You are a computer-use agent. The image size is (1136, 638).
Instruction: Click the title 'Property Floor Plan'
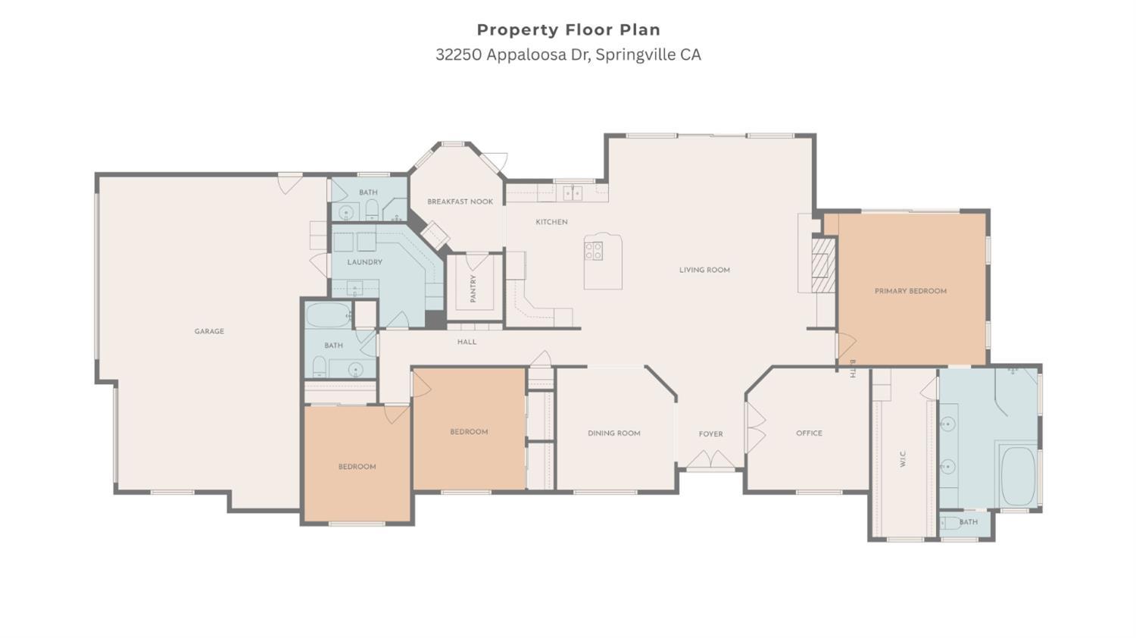point(568,30)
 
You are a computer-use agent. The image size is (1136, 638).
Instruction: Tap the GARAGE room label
point(209,331)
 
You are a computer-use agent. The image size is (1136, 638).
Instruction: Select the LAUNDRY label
point(364,262)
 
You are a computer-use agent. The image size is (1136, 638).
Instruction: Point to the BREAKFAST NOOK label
point(460,202)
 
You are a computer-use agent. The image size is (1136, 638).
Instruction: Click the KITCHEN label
point(551,222)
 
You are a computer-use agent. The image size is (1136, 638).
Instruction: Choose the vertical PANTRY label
point(473,289)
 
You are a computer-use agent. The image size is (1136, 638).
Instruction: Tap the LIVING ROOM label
point(704,270)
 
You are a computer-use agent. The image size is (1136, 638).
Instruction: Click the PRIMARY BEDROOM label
point(910,291)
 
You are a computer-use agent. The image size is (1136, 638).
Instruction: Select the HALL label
point(467,342)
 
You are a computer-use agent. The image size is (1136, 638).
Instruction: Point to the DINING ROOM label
point(613,433)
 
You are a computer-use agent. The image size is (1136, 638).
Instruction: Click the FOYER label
point(710,434)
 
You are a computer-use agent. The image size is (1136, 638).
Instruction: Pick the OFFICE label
point(809,433)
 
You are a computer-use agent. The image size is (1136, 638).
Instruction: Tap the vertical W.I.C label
point(903,458)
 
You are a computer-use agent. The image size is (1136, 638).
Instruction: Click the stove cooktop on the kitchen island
point(594,251)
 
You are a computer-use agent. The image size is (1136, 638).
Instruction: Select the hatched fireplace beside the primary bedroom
point(823,264)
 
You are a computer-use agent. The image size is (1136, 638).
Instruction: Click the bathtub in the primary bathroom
point(1018,476)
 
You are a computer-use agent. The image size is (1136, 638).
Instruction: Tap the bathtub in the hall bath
point(328,314)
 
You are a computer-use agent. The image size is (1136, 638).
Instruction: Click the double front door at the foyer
point(710,461)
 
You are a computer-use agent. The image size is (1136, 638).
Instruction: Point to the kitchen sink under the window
point(573,193)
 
